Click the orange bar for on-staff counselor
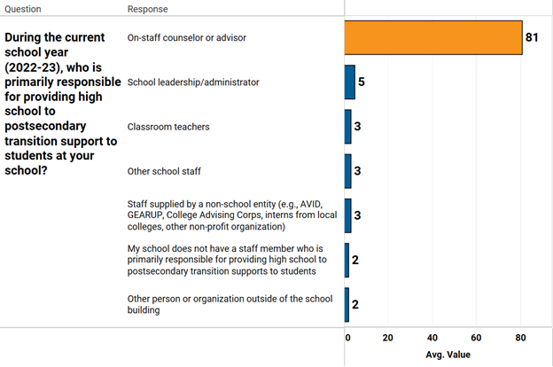(433, 37)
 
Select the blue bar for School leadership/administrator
(350, 82)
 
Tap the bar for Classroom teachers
(348, 127)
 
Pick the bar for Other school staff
(348, 171)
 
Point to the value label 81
(533, 37)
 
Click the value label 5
(362, 82)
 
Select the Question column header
(24, 9)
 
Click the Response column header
(148, 9)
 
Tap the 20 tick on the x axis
(388, 338)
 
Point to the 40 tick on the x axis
(432, 338)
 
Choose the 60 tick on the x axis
(476, 338)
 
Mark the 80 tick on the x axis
(520, 338)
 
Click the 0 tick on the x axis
(348, 338)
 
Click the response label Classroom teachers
(168, 127)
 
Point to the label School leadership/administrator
(193, 82)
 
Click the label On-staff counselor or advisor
(187, 38)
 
